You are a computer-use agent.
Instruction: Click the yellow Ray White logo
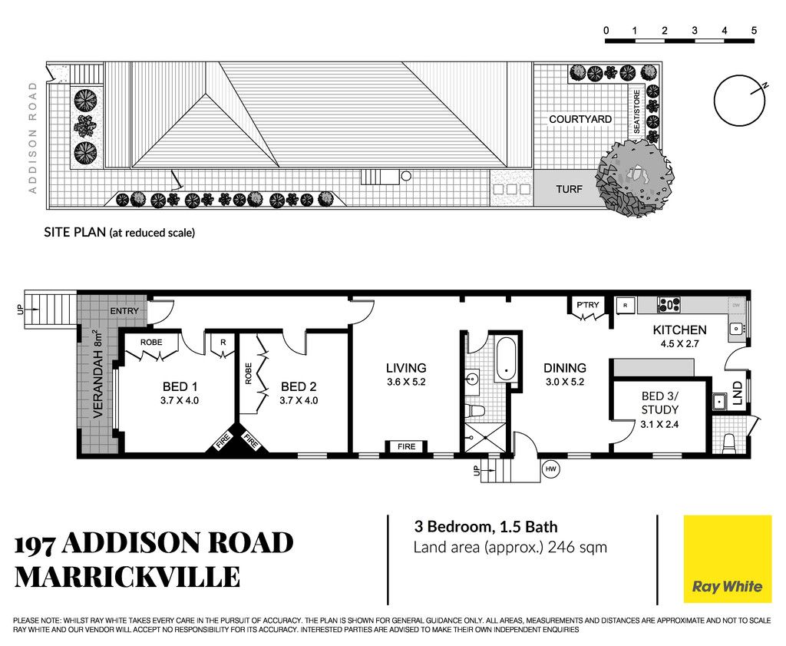pos(728,558)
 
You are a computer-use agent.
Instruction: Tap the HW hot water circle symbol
pos(550,469)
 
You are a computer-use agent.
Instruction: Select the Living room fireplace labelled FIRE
pos(406,446)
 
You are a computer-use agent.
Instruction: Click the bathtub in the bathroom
pos(506,359)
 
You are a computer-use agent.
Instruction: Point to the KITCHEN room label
pos(679,330)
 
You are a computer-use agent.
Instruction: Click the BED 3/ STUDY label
pos(659,403)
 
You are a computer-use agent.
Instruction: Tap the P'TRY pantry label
pos(587,304)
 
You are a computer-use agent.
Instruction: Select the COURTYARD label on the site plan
pos(580,119)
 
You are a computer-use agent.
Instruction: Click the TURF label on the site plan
pos(569,189)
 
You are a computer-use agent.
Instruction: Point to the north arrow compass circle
pos(740,101)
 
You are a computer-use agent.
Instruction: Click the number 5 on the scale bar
pos(754,31)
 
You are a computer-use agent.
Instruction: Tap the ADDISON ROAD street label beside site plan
pos(33,137)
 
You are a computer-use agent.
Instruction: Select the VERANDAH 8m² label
pos(98,373)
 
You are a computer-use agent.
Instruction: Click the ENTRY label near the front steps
pos(124,311)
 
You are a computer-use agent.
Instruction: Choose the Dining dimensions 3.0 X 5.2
pos(565,382)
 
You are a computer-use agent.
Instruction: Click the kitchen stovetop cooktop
pos(669,304)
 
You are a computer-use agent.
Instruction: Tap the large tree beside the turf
pos(635,178)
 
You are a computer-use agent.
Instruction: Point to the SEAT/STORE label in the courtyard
pos(636,112)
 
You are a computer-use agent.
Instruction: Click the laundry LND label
pos(737,393)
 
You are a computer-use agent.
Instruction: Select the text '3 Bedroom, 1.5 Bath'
pos(485,527)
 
